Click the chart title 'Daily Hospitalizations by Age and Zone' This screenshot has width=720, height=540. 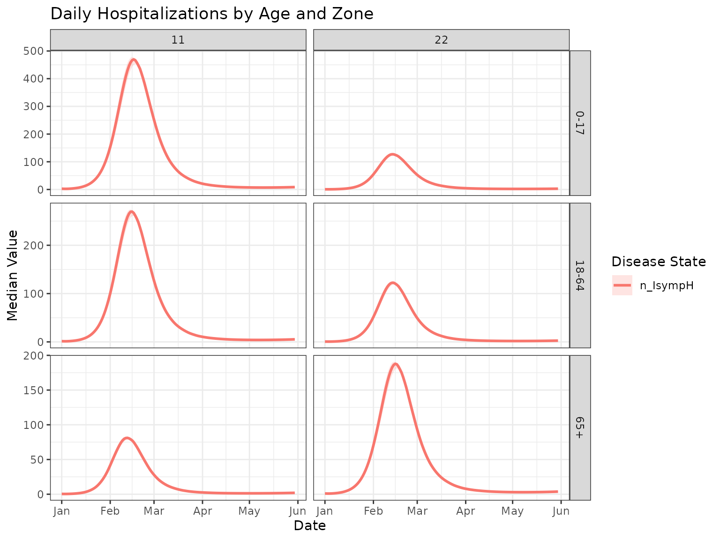[211, 14]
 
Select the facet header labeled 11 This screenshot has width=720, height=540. [178, 40]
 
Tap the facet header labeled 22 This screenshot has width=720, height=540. [441, 40]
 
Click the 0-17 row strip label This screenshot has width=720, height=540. [580, 123]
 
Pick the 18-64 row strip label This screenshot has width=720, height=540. [580, 276]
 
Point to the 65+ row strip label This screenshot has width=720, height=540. [580, 427]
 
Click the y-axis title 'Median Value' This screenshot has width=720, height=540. [13, 275]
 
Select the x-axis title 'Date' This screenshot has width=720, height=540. [309, 526]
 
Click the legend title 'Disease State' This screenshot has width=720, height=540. [659, 262]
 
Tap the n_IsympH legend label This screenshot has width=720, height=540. [667, 285]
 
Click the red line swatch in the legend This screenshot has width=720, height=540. [622, 285]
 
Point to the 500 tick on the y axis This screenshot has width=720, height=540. [34, 51]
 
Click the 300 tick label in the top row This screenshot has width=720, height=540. [34, 106]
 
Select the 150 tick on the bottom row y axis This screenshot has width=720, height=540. [34, 390]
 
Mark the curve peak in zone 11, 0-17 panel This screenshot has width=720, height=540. [134, 59]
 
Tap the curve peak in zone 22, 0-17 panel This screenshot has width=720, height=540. [392, 154]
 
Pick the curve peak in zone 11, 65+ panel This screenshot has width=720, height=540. [127, 438]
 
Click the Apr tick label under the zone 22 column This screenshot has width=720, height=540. [466, 511]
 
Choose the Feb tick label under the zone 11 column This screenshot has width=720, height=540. [110, 511]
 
